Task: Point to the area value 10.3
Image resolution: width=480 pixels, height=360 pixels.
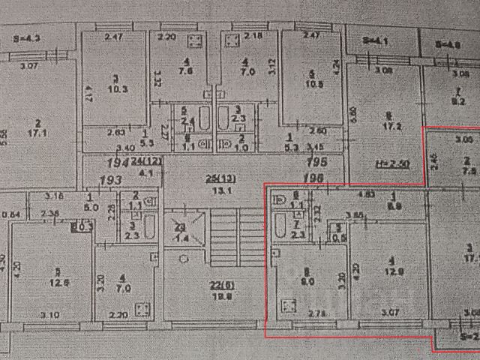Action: click(x=114, y=88)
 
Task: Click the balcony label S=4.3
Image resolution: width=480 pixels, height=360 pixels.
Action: click(x=28, y=37)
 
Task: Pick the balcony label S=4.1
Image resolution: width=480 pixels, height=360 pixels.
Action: click(x=373, y=42)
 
